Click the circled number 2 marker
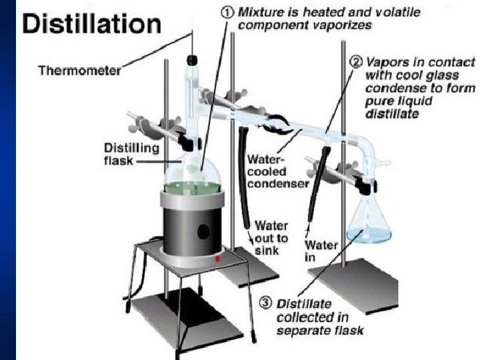coord(357,63)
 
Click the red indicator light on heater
coord(217,259)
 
